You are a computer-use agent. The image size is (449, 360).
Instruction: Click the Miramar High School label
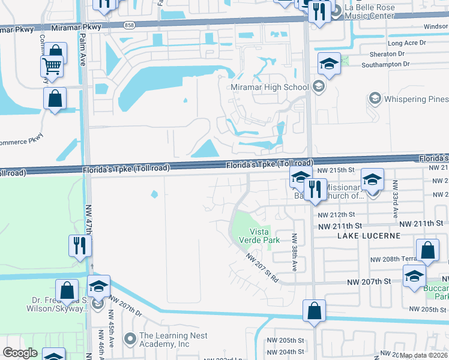click(270, 87)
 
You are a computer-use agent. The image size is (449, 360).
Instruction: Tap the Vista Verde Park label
click(265, 236)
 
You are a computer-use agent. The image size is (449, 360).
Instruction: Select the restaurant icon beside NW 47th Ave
click(79, 245)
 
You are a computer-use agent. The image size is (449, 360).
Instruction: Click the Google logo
click(20, 353)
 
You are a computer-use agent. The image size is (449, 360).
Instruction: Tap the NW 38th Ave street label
click(294, 252)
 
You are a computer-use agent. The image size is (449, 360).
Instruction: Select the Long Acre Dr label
click(406, 43)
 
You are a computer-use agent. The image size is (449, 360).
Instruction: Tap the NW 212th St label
click(336, 215)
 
